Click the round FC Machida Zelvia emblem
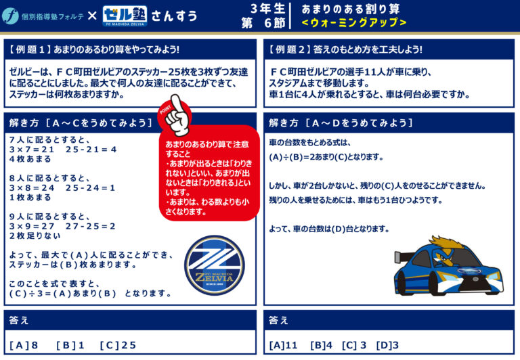tap(215, 265)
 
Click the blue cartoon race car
tap(448, 266)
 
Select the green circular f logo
tap(10, 16)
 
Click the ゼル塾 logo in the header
tap(125, 16)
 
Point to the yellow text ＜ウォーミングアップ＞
tap(354, 22)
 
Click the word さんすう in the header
tap(175, 16)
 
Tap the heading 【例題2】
tap(287, 49)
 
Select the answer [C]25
tap(118, 345)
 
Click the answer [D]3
tap(387, 345)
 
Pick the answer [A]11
tap(283, 345)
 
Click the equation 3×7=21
tap(32, 150)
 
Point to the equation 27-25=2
tap(90, 227)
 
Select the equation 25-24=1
tap(90, 188)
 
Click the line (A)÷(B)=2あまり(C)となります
tap(326, 157)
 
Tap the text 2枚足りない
tap(35, 236)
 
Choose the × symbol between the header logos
tap(92, 16)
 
